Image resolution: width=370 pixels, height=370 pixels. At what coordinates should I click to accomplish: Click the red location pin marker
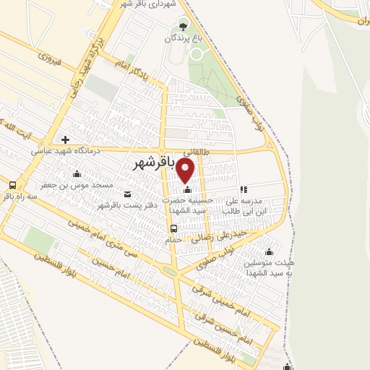tap(186, 171)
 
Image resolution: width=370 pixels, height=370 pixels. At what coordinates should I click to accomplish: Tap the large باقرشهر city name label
tap(155, 165)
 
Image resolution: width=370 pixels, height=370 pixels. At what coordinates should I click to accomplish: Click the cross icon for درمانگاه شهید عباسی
tap(66, 139)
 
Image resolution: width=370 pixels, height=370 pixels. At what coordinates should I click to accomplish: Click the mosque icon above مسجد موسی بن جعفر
tap(77, 173)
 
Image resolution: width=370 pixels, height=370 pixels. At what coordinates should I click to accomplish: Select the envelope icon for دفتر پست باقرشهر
tap(128, 194)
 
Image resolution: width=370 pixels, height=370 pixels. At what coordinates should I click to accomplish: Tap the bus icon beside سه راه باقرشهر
tap(12, 184)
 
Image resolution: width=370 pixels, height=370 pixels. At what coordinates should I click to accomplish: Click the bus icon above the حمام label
tap(173, 228)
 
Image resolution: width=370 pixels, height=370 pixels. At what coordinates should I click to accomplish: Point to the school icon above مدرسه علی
tap(244, 190)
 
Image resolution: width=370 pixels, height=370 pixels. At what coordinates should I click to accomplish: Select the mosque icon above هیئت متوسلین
tap(270, 251)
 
